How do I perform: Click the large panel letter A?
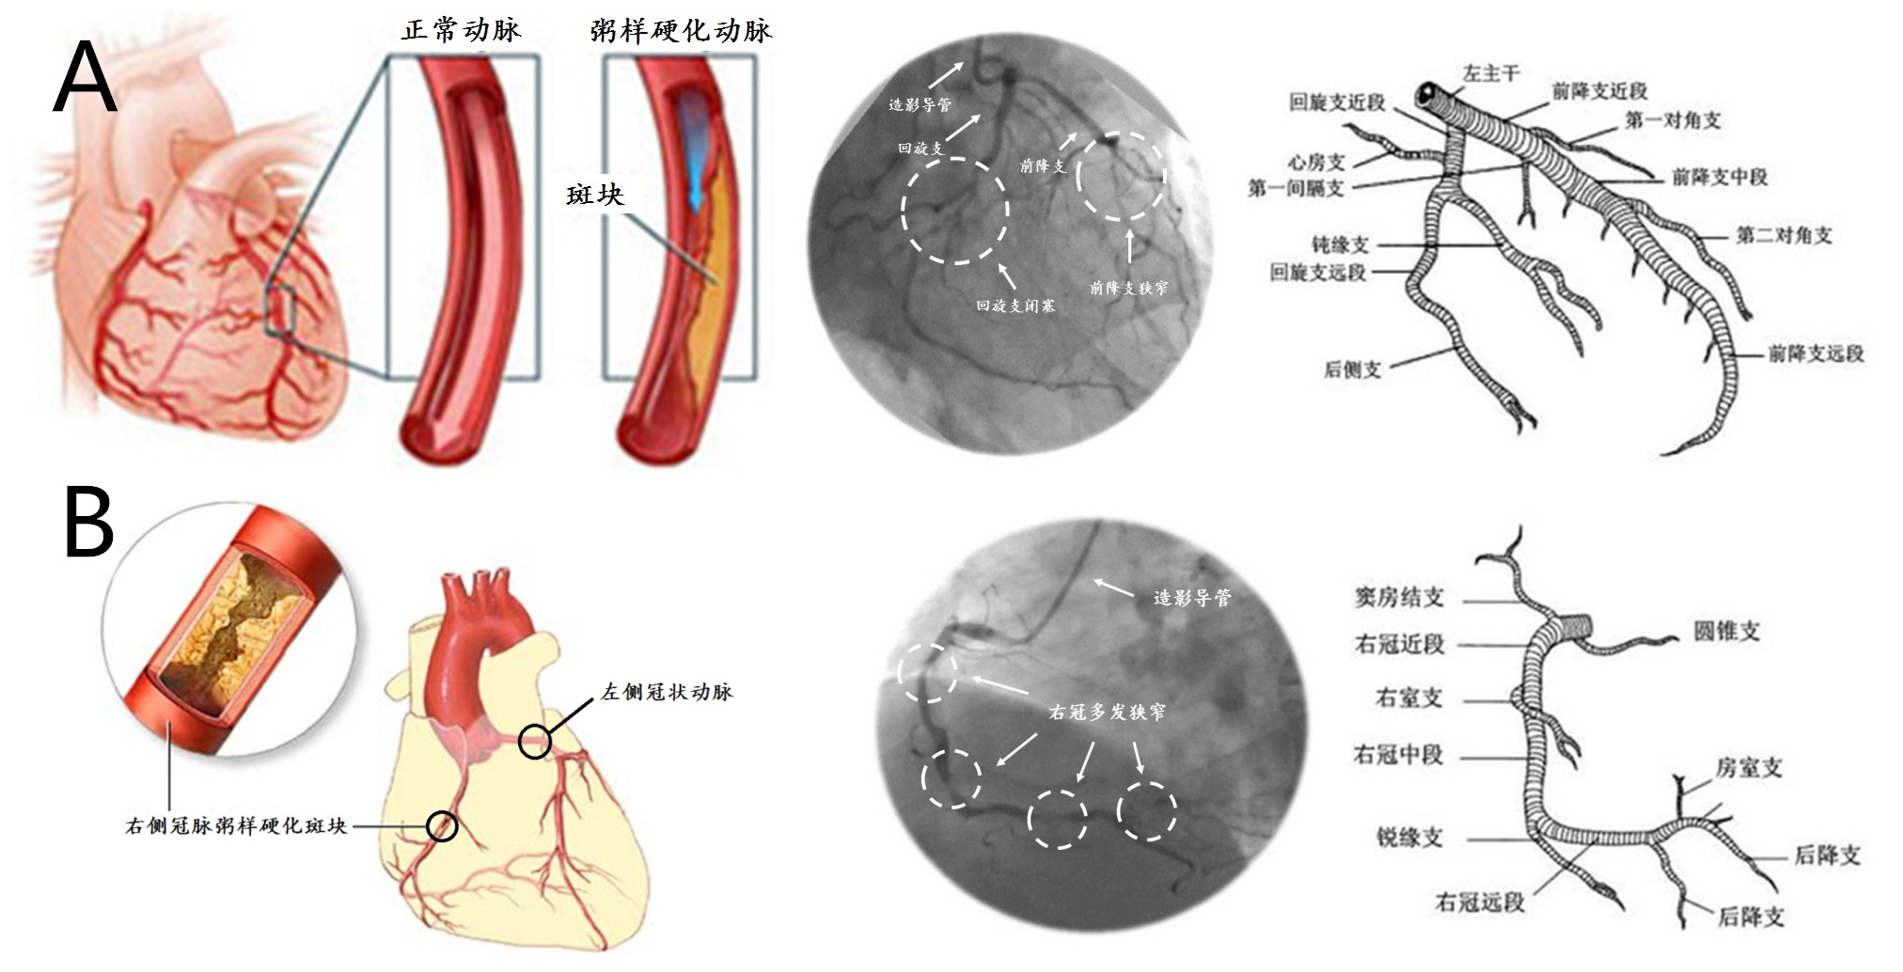pyautogui.click(x=85, y=81)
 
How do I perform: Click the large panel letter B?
pyautogui.click(x=88, y=522)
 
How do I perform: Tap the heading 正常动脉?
pyautogui.click(x=461, y=30)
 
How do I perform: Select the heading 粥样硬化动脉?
pyautogui.click(x=681, y=30)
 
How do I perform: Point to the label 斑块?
pyautogui.click(x=595, y=195)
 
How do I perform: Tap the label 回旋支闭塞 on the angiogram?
pyautogui.click(x=1014, y=306)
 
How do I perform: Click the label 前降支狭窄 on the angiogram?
pyautogui.click(x=1128, y=288)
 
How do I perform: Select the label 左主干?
pyautogui.click(x=1491, y=73)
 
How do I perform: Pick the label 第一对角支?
pyautogui.click(x=1673, y=120)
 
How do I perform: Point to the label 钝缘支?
pyautogui.click(x=1340, y=245)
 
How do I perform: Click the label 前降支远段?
pyautogui.click(x=1816, y=353)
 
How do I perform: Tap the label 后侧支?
pyautogui.click(x=1352, y=370)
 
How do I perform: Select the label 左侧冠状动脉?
pyautogui.click(x=667, y=692)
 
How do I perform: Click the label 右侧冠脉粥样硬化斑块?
pyautogui.click(x=236, y=826)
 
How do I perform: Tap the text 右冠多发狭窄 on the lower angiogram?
pyautogui.click(x=1107, y=713)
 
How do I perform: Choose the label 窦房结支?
pyautogui.click(x=1398, y=597)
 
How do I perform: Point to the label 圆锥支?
pyautogui.click(x=1726, y=631)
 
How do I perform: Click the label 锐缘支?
pyautogui.click(x=1408, y=838)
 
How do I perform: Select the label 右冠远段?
pyautogui.click(x=1479, y=902)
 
